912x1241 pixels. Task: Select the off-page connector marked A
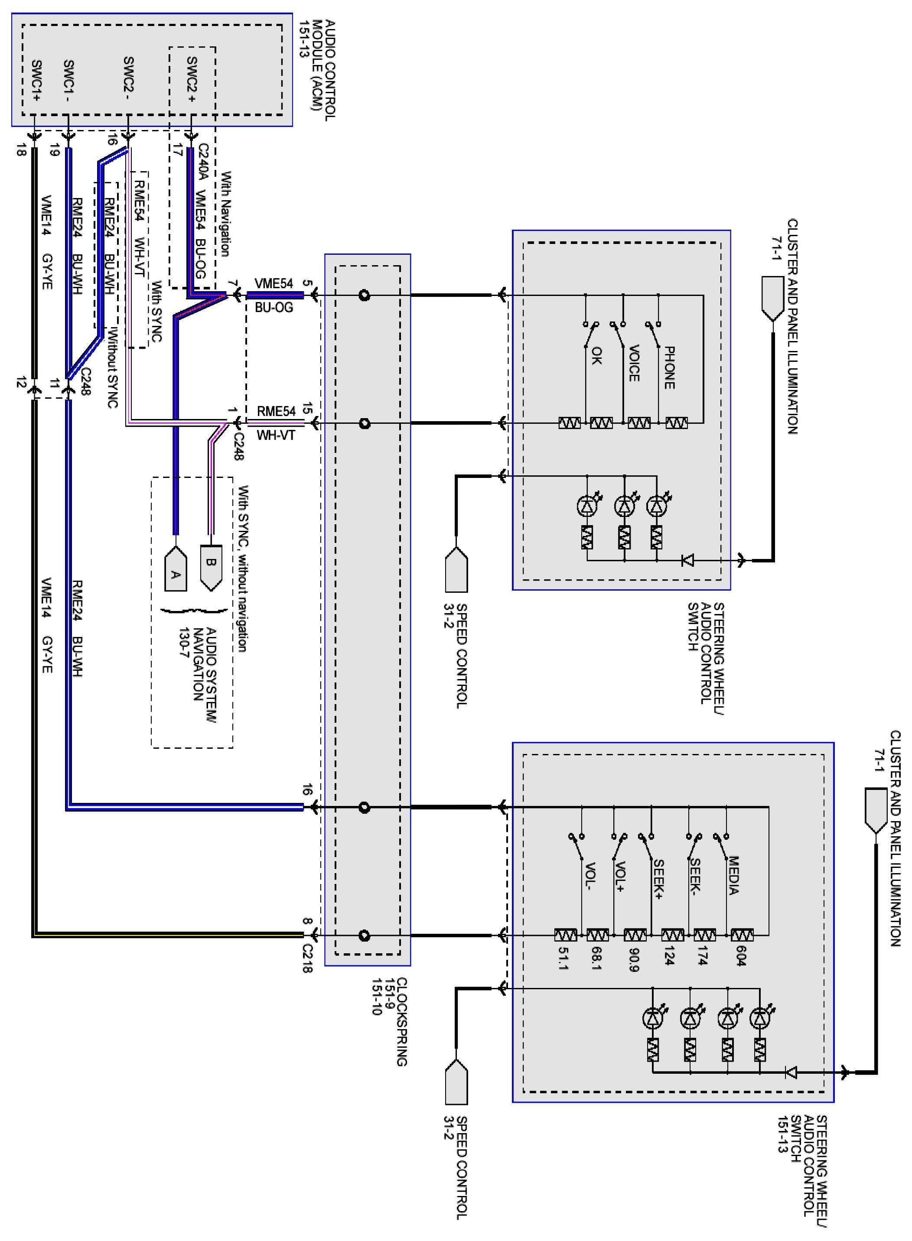click(x=176, y=569)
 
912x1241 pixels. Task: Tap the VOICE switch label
click(x=634, y=363)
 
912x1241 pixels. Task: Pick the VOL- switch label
click(x=590, y=877)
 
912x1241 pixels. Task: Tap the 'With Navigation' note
click(x=225, y=214)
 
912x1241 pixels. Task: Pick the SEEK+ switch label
click(x=658, y=878)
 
